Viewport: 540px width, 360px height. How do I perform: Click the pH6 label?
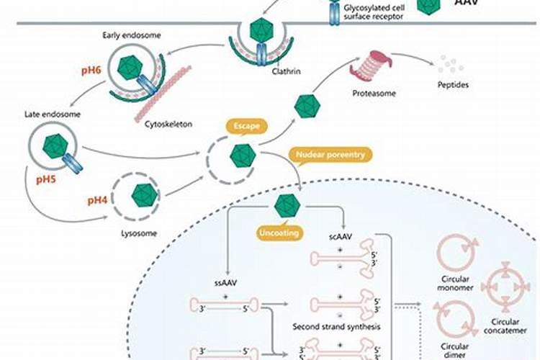tap(89, 73)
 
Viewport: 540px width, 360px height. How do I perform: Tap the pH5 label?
tap(33, 178)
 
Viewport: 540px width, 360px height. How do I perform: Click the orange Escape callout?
tap(246, 125)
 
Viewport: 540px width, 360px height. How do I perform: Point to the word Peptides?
tap(452, 85)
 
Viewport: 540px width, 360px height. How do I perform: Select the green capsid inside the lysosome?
tap(144, 194)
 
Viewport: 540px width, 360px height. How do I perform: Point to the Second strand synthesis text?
tap(336, 325)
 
